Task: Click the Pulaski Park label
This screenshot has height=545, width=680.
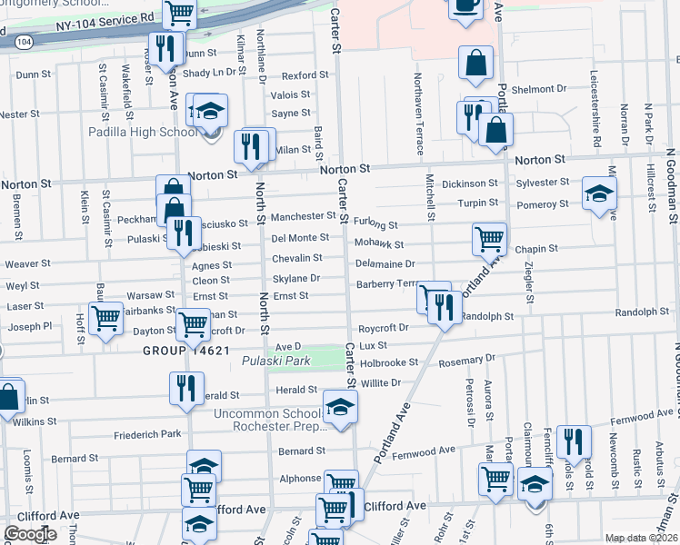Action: [276, 362]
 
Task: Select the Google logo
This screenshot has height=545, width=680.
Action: [30, 534]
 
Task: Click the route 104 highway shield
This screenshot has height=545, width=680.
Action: [25, 42]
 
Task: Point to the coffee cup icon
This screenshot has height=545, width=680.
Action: [466, 5]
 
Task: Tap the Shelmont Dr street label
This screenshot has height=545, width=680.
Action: [538, 89]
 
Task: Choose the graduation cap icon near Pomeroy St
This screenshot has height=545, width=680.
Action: [599, 193]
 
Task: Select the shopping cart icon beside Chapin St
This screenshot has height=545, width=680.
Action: [489, 239]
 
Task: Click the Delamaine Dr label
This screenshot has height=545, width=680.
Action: [385, 263]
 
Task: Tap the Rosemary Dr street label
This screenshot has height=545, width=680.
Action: [465, 361]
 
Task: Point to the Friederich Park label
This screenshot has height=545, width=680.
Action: [148, 435]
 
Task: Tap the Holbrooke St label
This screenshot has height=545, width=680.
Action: [389, 362]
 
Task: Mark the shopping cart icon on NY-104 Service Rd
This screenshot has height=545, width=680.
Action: [180, 12]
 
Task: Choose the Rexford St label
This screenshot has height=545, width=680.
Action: [305, 75]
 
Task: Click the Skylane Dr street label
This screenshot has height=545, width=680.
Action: [296, 279]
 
